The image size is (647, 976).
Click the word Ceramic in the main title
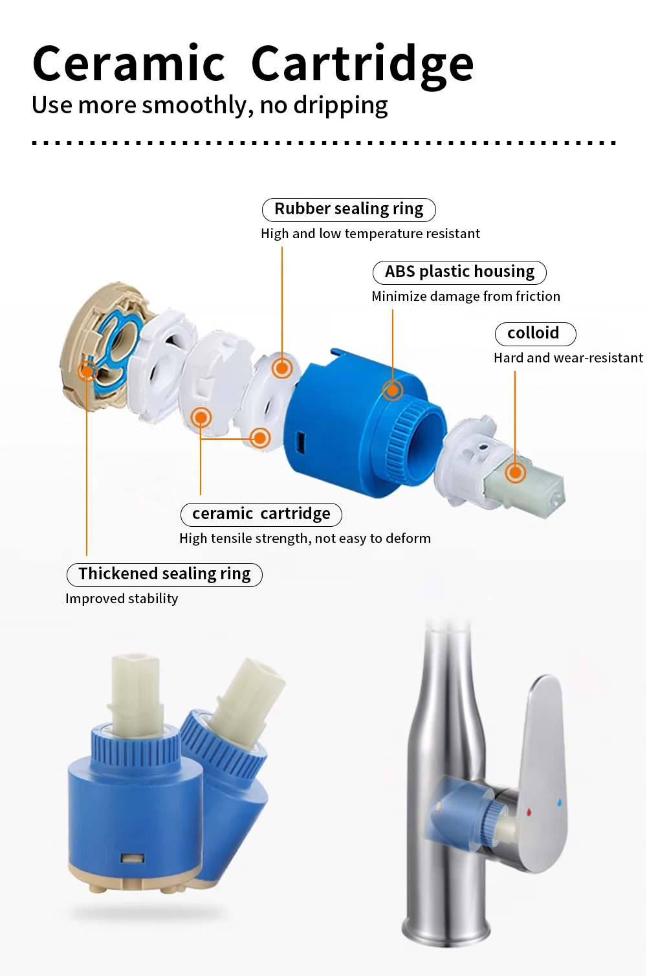[x=128, y=64]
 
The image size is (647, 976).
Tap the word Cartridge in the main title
[x=362, y=64]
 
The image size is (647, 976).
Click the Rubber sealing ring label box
[x=349, y=209]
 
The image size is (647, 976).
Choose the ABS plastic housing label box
[x=459, y=272]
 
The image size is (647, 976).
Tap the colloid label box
[x=534, y=333]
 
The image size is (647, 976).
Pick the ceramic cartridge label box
[x=261, y=514]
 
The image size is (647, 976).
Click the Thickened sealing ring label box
[x=164, y=574]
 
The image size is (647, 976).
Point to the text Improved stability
[x=122, y=599]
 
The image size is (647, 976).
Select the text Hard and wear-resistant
[x=568, y=358]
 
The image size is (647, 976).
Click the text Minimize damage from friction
[x=466, y=296]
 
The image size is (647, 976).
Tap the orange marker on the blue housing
[x=393, y=390]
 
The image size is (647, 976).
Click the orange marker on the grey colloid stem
[x=515, y=472]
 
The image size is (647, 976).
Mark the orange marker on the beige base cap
[x=87, y=371]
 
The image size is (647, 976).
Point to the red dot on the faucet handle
[x=529, y=811]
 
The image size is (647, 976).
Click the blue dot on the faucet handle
[x=559, y=803]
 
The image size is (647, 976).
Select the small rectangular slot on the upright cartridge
[x=132, y=859]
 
